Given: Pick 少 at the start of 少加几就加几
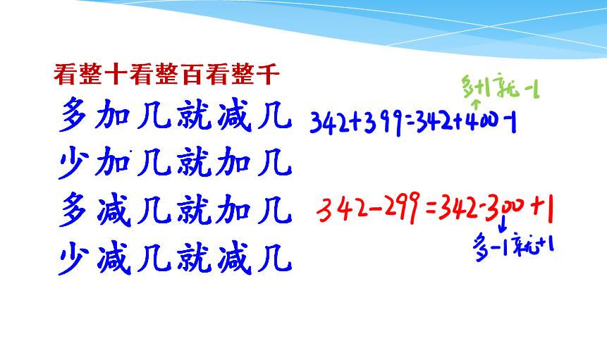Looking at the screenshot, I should point(73,164).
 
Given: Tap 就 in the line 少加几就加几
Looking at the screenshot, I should point(192,164).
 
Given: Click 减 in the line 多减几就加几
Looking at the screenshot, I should point(113,211).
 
